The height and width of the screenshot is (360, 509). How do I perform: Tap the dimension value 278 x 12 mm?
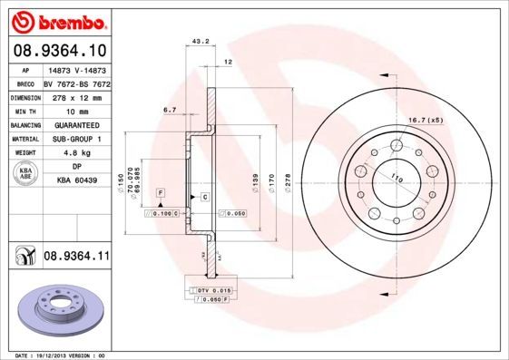[76, 95]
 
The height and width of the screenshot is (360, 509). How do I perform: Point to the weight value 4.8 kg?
[76, 153]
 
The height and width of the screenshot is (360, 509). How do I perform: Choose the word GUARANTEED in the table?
[76, 124]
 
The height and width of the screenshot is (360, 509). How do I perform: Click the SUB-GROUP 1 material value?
[76, 139]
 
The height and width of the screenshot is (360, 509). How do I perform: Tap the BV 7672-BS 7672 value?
[76, 82]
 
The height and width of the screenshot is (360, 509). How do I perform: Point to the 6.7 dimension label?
[169, 110]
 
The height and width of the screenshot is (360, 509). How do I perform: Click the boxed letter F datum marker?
[161, 195]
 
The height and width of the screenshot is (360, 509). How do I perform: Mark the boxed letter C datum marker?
[204, 197]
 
